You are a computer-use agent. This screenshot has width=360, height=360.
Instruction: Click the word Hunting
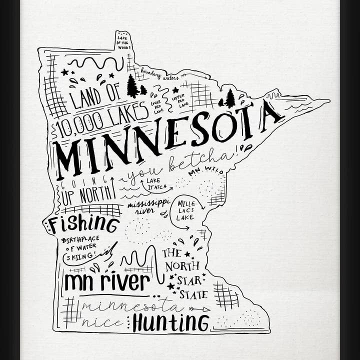[x=170, y=322]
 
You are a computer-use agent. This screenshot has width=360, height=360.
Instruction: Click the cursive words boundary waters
[x=159, y=75]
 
